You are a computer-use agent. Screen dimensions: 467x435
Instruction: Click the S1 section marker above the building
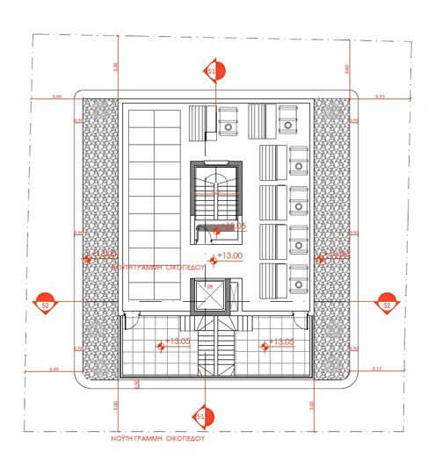click(211, 70)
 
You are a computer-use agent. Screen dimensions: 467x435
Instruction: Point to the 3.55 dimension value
click(381, 96)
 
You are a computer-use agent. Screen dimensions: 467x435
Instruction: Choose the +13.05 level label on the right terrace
click(282, 341)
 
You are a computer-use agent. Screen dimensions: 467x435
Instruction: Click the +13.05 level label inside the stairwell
click(233, 226)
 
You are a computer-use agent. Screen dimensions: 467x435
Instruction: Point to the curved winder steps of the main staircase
click(215, 180)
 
